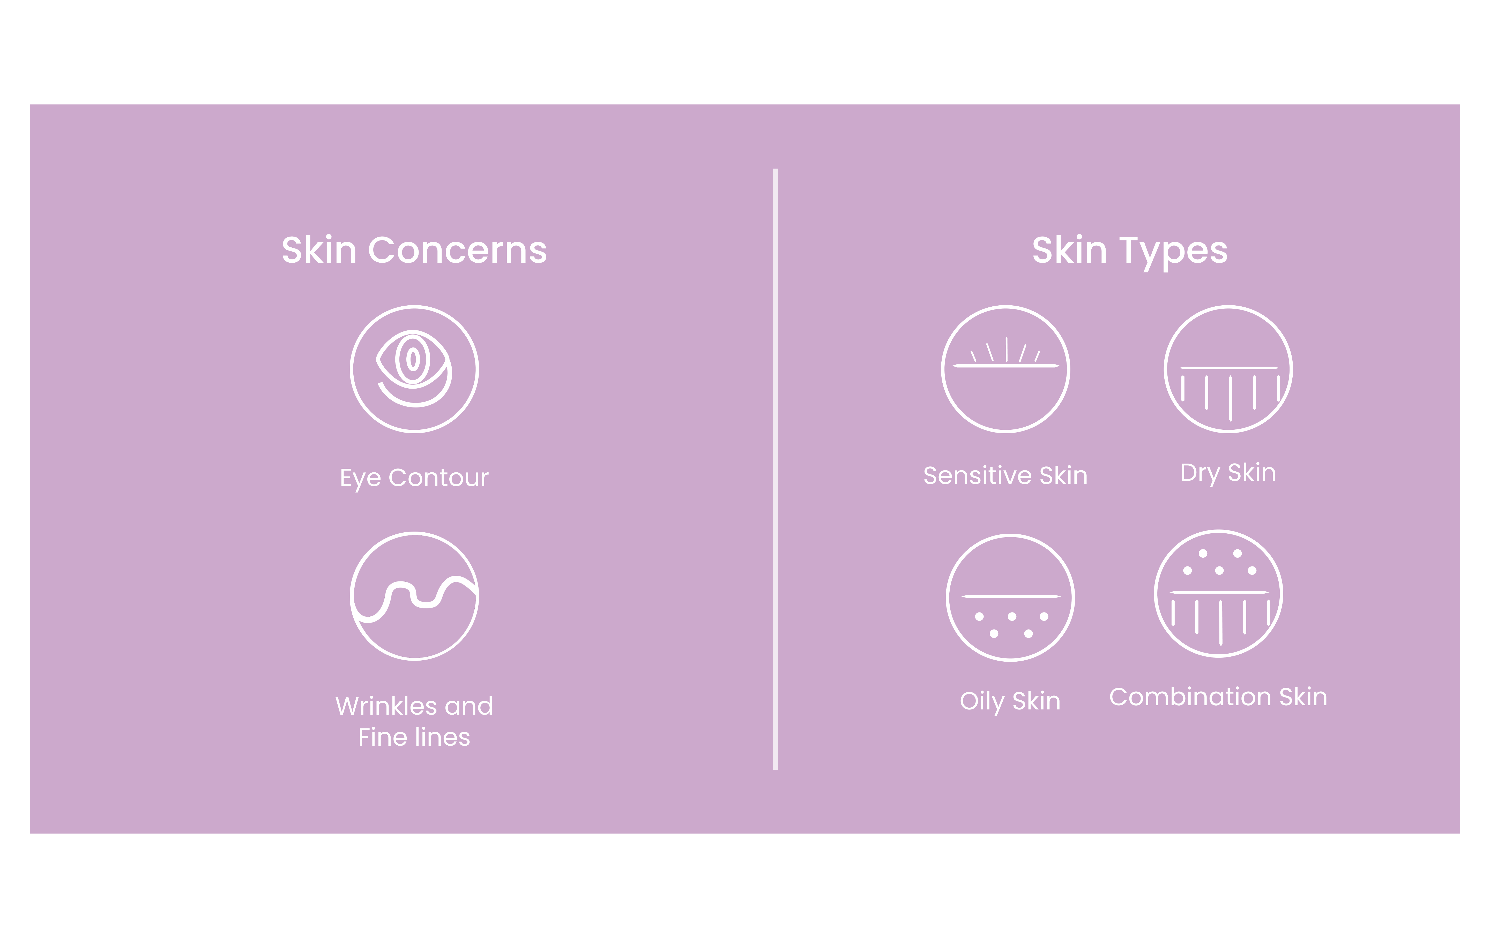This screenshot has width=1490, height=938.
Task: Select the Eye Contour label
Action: pyautogui.click(x=414, y=478)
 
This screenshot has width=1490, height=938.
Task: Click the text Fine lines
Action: pyautogui.click(x=414, y=737)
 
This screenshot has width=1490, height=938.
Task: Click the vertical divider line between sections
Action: pyautogui.click(x=775, y=469)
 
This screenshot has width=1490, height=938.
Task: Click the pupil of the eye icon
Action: pyautogui.click(x=413, y=359)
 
